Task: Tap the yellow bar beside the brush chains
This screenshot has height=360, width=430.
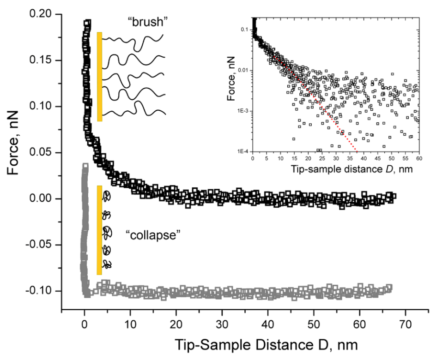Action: (99, 77)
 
